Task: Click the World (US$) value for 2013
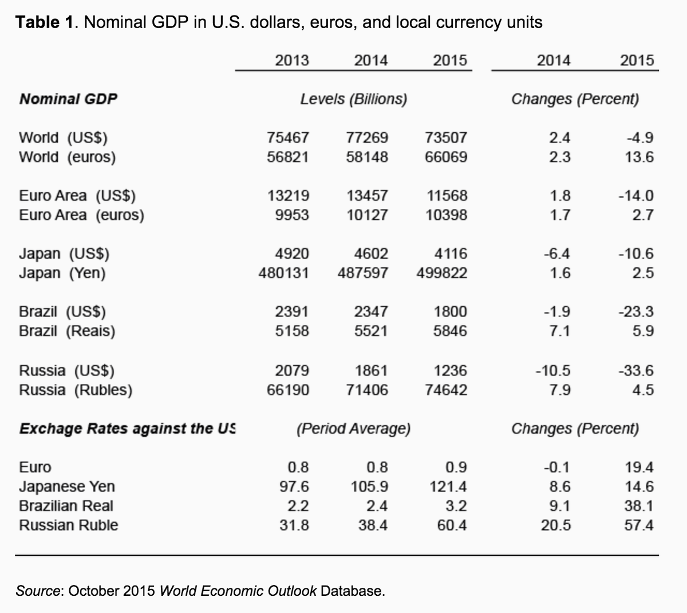point(288,138)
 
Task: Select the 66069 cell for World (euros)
point(446,157)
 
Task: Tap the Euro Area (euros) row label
point(81,215)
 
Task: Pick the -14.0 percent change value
point(635,196)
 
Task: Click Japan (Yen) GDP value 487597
point(363,273)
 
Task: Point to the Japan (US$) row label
point(64,254)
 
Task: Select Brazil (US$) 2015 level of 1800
point(451,312)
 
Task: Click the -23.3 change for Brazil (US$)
point(635,312)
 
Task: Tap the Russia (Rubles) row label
point(76,390)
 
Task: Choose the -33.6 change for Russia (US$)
point(635,371)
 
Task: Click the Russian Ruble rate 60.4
point(452,525)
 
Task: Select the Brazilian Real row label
point(66,506)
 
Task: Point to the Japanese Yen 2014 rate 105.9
point(369,487)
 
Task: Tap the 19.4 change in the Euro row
point(639,467)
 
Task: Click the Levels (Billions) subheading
point(354,99)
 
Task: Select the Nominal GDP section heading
point(68,99)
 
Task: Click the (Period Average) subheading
point(353,429)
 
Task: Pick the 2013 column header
point(291,60)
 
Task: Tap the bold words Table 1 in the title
point(45,22)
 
